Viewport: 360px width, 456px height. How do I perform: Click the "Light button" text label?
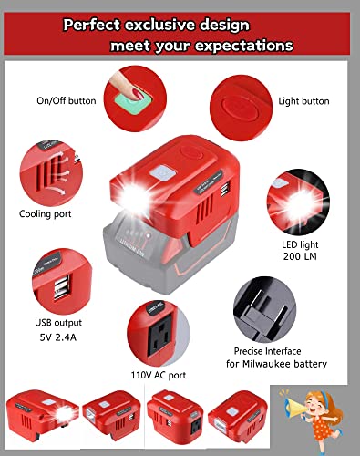(304, 101)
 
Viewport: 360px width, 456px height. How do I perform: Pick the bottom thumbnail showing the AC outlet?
(170, 421)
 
